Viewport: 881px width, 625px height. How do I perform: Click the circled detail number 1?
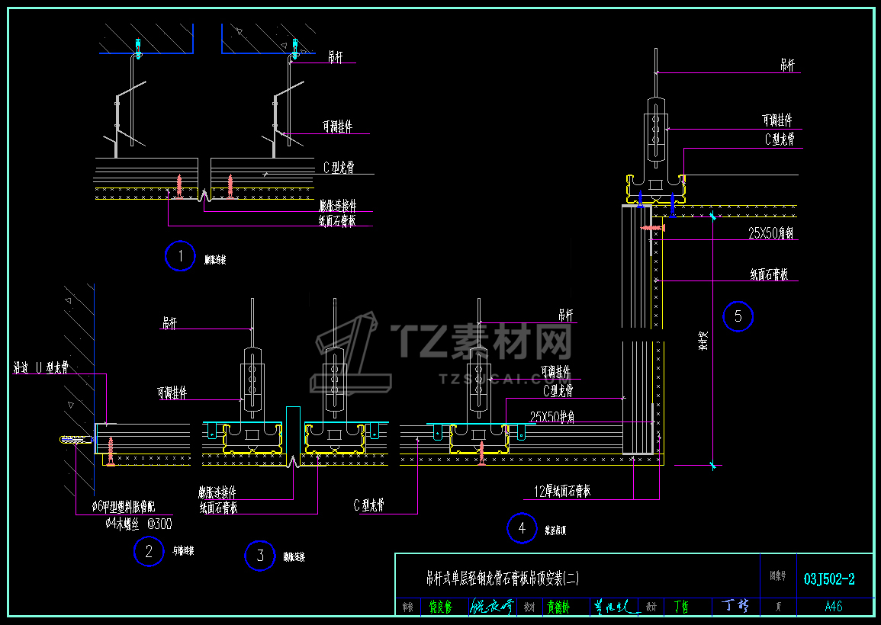[180, 256]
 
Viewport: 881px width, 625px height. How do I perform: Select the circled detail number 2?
[149, 551]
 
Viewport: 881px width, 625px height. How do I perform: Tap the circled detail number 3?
[260, 556]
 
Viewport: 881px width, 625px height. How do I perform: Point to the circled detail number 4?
[522, 527]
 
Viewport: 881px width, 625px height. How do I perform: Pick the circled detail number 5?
[738, 316]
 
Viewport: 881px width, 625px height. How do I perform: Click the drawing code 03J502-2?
[829, 579]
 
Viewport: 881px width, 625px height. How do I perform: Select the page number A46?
[834, 607]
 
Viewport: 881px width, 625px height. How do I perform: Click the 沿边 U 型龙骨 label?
[41, 368]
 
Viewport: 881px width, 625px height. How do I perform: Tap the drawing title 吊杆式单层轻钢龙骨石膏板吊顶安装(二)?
[503, 579]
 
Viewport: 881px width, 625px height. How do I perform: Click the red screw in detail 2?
[111, 450]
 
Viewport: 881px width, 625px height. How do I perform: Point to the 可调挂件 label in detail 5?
[777, 120]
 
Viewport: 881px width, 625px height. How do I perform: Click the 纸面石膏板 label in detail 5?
[769, 274]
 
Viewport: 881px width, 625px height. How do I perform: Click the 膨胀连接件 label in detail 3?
[217, 493]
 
